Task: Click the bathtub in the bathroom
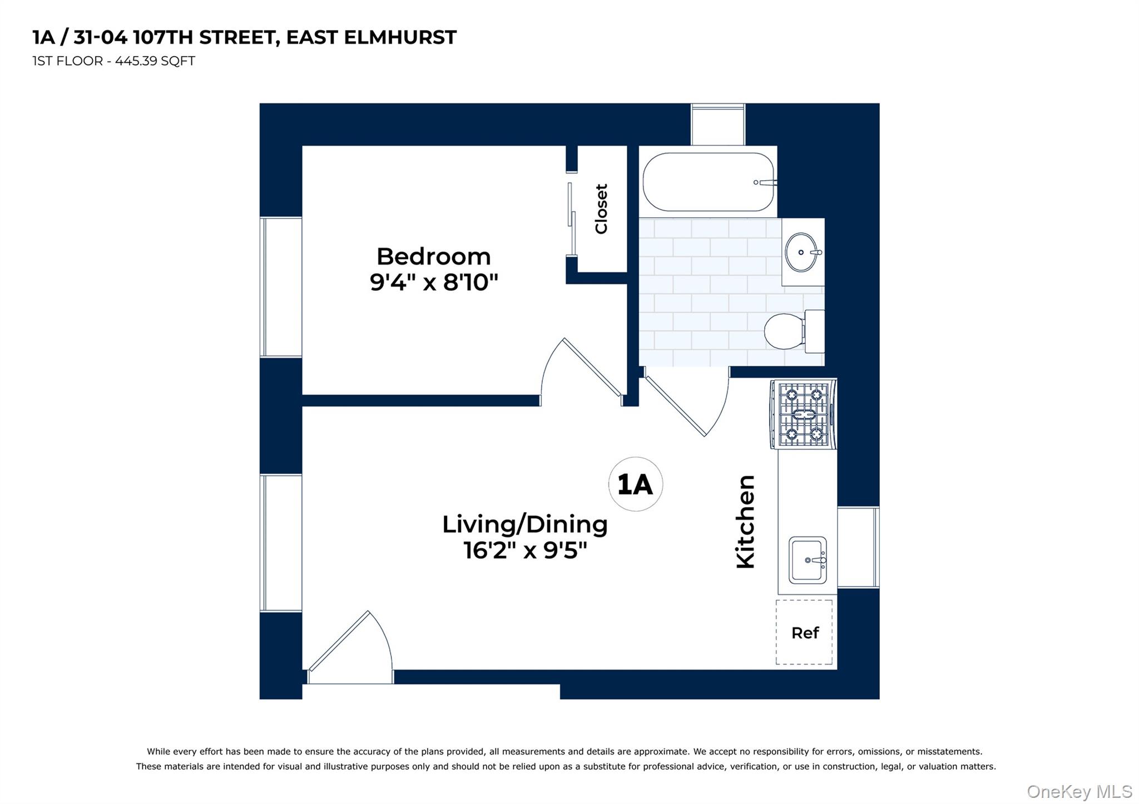point(707,182)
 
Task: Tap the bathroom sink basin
point(801,252)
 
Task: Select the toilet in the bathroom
point(790,331)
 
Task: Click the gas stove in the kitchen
point(804,414)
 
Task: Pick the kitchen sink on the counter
point(808,560)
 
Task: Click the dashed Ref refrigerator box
point(804,632)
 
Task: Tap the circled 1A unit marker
point(635,484)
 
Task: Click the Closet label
point(601,209)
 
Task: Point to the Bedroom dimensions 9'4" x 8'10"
point(433,283)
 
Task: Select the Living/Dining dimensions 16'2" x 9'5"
point(525,551)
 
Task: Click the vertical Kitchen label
point(745,522)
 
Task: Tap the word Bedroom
point(433,257)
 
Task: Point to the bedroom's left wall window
point(281,287)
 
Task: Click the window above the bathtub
point(717,125)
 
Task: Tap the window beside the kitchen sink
point(858,547)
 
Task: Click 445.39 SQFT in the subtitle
point(155,61)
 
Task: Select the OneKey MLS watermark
point(1079,791)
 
